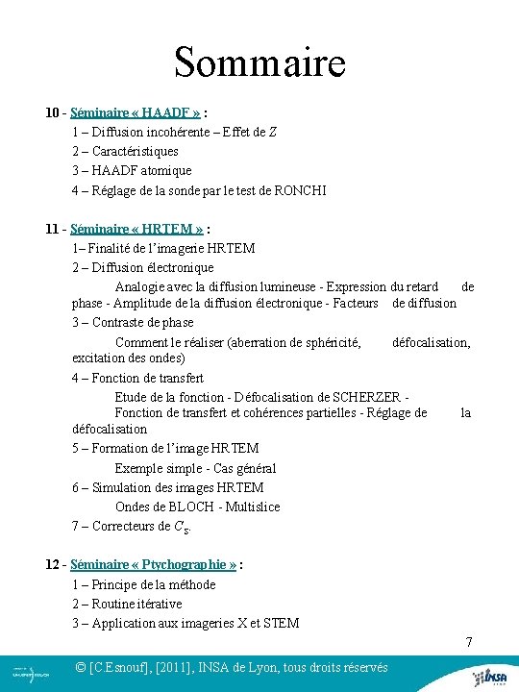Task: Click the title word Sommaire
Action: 259,63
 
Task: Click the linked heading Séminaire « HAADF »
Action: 142,112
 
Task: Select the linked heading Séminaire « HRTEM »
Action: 138,229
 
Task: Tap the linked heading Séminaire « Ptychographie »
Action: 154,565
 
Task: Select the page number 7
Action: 468,641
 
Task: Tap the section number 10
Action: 53,112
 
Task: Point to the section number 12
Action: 53,565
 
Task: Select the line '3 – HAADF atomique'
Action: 131,170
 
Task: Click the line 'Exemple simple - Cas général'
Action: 195,468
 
